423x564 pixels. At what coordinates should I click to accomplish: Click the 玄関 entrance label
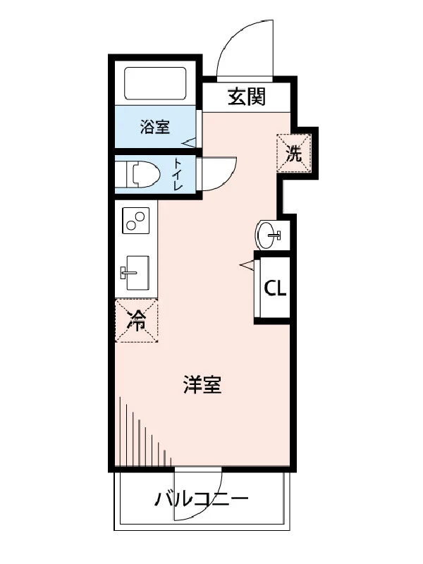click(246, 97)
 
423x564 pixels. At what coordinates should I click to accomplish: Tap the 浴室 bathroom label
click(155, 127)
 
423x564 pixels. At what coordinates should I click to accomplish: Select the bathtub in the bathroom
click(155, 83)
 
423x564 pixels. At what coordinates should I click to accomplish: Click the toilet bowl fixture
click(141, 174)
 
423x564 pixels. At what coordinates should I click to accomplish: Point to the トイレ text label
click(178, 174)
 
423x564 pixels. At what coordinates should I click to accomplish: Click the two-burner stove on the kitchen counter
click(135, 221)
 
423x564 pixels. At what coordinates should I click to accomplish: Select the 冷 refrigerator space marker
click(137, 321)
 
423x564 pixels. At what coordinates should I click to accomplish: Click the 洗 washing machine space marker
click(294, 153)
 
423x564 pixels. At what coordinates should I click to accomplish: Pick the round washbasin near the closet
click(267, 235)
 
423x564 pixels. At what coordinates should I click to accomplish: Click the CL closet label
click(275, 288)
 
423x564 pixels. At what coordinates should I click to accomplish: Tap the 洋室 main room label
click(202, 384)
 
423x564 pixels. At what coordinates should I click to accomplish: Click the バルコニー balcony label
click(202, 499)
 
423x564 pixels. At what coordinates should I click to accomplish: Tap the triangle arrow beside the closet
click(247, 265)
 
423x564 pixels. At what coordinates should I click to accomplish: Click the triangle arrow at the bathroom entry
click(189, 143)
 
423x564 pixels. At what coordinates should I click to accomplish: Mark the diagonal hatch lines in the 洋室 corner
click(145, 431)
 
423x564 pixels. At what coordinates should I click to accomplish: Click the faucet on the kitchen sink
click(128, 272)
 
